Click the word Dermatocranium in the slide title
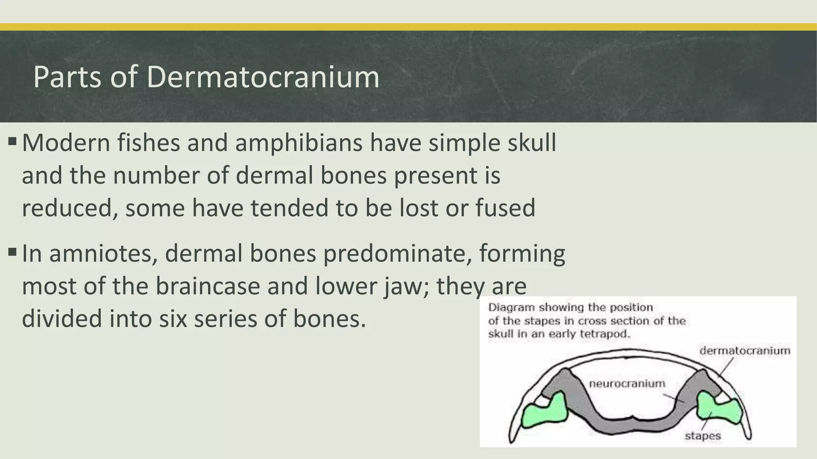click(263, 77)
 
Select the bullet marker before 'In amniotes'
click(12, 252)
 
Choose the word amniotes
click(103, 253)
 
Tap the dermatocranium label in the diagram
click(745, 351)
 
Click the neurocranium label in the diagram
click(627, 383)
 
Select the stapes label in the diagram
click(703, 435)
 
